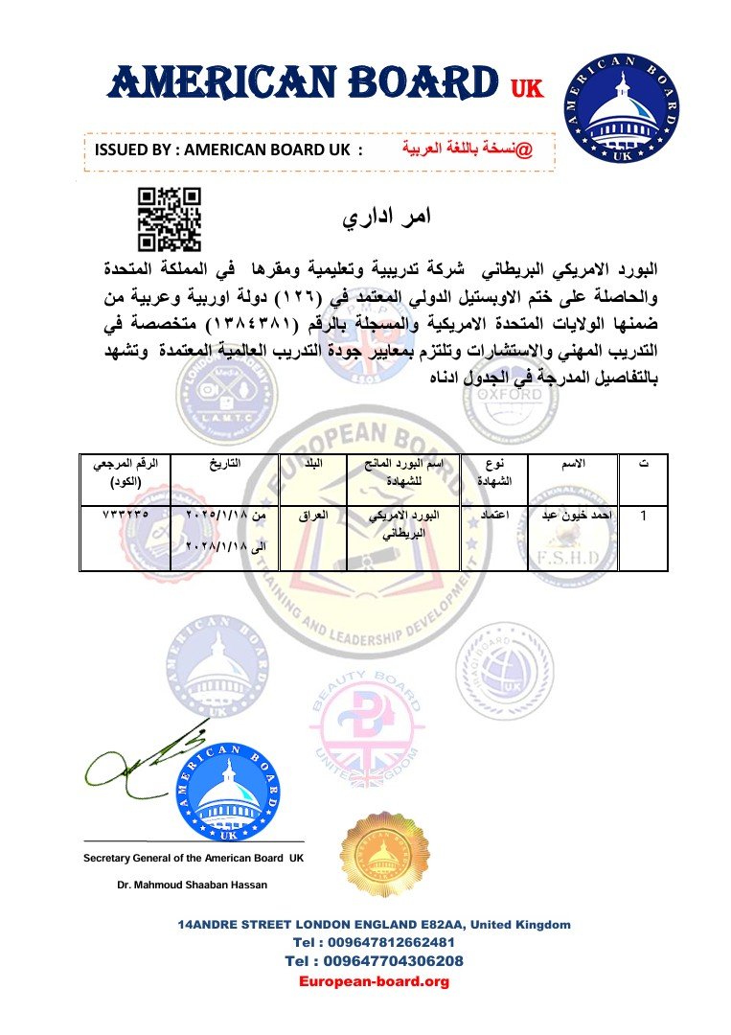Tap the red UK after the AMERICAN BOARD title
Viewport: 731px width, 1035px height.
[x=526, y=89]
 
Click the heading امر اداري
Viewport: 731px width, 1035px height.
[x=387, y=217]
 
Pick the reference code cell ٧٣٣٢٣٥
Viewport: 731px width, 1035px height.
[x=126, y=515]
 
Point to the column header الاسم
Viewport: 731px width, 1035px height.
[x=572, y=464]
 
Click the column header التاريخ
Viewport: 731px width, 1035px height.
[x=225, y=464]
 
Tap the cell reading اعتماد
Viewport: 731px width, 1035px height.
[x=493, y=516]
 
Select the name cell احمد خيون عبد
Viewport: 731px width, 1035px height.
[x=572, y=516]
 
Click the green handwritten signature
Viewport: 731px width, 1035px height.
[x=144, y=762]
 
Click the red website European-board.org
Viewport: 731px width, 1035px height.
[x=374, y=981]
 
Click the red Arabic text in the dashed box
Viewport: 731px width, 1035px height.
[x=464, y=149]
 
